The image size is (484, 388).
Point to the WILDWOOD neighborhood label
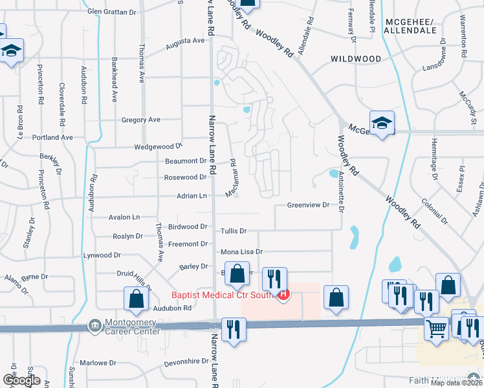(x=356, y=59)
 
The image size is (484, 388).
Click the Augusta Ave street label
(x=185, y=41)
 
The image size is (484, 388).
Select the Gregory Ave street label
(x=140, y=120)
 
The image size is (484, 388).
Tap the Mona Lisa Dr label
(x=242, y=252)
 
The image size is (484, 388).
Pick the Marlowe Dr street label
(x=98, y=363)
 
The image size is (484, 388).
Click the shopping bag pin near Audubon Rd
(x=136, y=299)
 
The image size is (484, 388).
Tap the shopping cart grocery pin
(x=437, y=328)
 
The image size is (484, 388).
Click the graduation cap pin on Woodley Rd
(x=382, y=123)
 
